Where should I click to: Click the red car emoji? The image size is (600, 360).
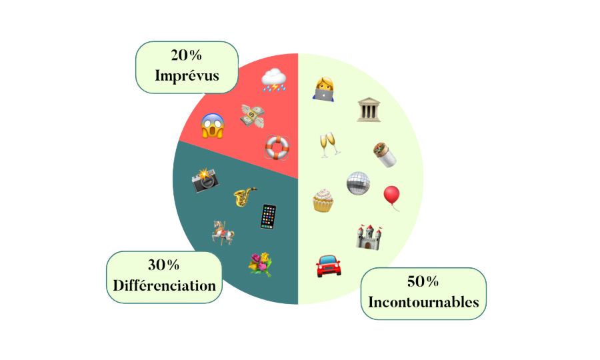coord(328,266)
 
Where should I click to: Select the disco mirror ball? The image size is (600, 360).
coord(358,183)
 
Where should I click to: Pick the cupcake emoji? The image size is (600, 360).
coord(323,199)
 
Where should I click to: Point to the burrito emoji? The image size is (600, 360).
coord(384,155)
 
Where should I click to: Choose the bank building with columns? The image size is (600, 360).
coord(368,109)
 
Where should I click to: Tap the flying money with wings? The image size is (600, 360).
coord(253,115)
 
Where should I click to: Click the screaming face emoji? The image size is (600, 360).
coord(212,125)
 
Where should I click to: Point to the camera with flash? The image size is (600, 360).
coord(205,180)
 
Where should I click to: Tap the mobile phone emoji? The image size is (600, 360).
coord(268,217)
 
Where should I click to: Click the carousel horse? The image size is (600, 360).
coord(223,233)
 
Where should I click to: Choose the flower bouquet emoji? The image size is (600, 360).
coord(260,264)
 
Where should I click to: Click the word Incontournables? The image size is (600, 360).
coord(423,302)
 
